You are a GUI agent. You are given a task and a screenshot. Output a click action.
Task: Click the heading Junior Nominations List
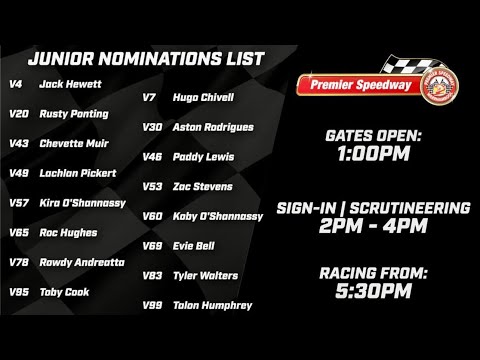(x=146, y=59)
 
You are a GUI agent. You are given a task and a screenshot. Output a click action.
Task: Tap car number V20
(x=18, y=114)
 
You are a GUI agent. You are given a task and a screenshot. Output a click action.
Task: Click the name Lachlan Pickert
(x=77, y=173)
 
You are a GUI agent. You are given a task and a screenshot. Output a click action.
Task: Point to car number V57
(x=18, y=203)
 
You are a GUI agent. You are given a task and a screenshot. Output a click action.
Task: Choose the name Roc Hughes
(x=68, y=233)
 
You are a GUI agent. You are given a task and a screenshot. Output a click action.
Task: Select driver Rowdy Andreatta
(x=82, y=263)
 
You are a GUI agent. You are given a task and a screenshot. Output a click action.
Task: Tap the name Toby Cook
(x=64, y=292)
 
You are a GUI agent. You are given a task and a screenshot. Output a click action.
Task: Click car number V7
(x=149, y=98)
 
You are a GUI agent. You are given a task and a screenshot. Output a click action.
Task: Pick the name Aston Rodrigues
(x=212, y=128)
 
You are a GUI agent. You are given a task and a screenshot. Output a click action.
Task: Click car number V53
(x=152, y=186)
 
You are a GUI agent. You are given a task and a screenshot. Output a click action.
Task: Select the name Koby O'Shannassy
(x=216, y=216)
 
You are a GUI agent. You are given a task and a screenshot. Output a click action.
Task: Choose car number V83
(x=152, y=275)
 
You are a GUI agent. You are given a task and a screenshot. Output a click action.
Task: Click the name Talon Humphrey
(x=212, y=305)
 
